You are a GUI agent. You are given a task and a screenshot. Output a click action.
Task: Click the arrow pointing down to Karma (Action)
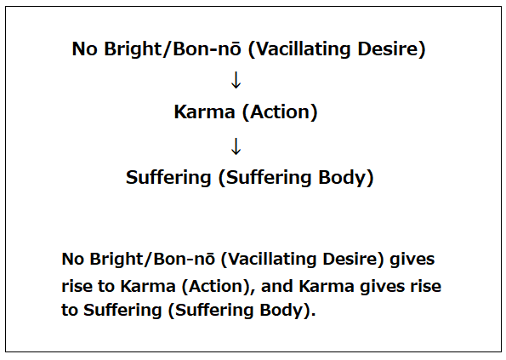pos(236,80)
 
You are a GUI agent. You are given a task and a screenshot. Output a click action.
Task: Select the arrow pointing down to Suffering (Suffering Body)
pos(236,146)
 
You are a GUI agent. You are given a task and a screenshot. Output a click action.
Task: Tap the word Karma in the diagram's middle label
pos(205,112)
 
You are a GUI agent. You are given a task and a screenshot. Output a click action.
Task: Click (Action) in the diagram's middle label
pos(280,112)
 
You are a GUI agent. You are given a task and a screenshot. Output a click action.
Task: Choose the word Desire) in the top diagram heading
pos(391,49)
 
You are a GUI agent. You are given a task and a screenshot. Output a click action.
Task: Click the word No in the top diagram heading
pos(84,49)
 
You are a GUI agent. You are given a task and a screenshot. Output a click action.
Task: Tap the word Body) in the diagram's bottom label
pos(346,178)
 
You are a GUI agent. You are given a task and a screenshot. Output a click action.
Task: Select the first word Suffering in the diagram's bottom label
pos(168,178)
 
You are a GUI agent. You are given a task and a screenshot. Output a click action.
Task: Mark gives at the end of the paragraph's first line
pos(412,260)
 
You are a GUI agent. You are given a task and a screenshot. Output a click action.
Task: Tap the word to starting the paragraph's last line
pos(70,311)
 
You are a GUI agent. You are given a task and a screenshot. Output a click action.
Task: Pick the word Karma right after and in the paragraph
pos(327,286)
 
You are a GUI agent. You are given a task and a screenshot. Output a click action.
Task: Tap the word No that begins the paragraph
pos(72,260)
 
